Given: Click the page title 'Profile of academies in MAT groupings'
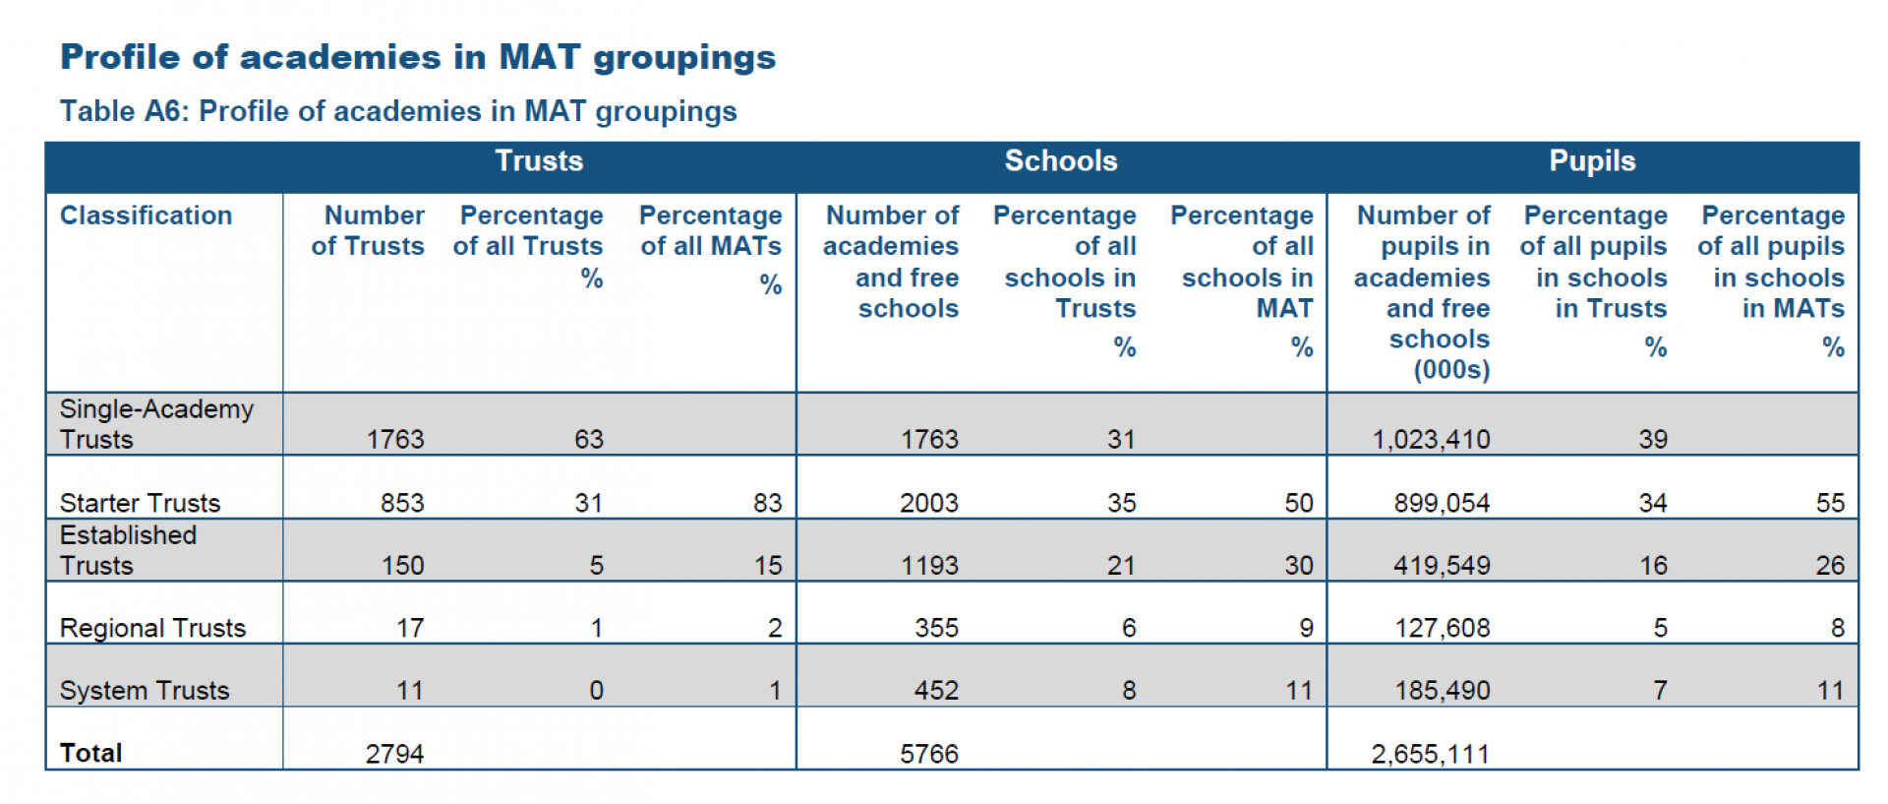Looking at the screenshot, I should coord(418,57).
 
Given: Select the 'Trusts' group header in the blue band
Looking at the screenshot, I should coord(539,161).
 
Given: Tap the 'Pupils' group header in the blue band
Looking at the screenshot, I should coord(1592,161).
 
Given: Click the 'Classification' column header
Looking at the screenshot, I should coord(147,216).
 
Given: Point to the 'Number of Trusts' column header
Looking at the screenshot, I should coord(368,230).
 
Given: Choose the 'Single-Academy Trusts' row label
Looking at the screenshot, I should coord(156,424).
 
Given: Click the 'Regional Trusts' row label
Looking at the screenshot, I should coord(152,628).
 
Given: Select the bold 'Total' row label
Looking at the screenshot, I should coord(91,753).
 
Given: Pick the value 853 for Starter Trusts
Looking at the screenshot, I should coord(402,503).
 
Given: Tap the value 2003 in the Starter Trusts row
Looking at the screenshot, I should coord(928,503).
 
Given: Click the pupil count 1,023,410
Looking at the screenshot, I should coord(1431,440).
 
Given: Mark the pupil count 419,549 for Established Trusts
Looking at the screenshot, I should coord(1442,566).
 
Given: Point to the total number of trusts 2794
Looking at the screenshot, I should coord(394,754).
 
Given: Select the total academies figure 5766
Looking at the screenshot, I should coord(928,754).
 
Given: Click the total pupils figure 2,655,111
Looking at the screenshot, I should coord(1430,754).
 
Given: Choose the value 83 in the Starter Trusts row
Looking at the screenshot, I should coord(767,503).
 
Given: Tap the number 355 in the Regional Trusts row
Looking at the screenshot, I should coord(936,628).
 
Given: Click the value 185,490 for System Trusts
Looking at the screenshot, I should coord(1442,691).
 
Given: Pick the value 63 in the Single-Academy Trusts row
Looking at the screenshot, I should coord(588,440).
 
